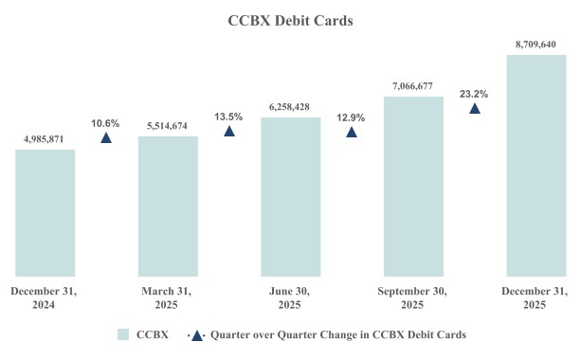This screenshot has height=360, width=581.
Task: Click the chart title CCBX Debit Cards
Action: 290,19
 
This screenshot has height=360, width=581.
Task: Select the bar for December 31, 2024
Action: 45,213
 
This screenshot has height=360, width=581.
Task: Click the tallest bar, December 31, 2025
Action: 536,166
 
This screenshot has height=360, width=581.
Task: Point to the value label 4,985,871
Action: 45,139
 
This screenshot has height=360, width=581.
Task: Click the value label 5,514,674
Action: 168,126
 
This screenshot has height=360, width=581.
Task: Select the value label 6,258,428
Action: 290,107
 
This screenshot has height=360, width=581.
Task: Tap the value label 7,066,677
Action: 412,86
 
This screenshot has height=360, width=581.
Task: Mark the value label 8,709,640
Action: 536,44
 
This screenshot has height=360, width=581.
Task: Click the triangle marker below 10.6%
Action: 106,138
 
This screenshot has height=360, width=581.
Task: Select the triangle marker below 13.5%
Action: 228,131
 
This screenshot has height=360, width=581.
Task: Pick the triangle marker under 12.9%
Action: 352,132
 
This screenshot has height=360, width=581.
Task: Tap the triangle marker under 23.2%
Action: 474,108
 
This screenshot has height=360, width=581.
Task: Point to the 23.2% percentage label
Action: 474,94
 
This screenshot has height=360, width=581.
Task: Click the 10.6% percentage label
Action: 106,123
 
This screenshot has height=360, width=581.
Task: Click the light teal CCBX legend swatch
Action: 123,334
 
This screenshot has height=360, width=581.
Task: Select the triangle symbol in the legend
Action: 196,334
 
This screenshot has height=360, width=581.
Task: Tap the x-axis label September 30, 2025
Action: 412,297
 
